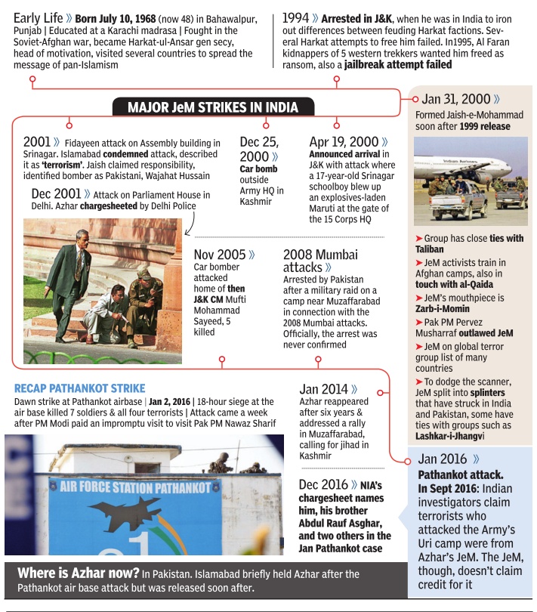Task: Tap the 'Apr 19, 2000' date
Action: pyautogui.click(x=343, y=141)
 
